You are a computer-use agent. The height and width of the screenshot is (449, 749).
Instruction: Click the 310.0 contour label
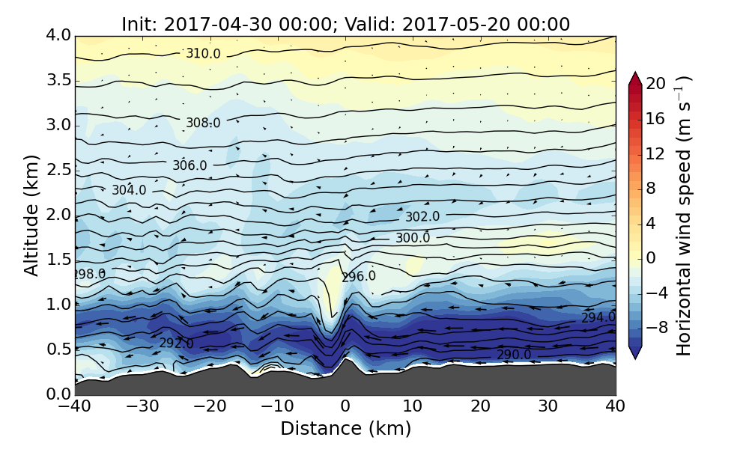click(204, 54)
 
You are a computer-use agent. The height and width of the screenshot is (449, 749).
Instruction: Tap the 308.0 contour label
click(203, 123)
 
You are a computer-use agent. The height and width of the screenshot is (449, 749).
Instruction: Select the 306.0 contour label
click(189, 165)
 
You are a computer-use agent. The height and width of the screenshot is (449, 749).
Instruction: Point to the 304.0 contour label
click(129, 191)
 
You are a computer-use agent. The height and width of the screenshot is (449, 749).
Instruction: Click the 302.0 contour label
click(422, 217)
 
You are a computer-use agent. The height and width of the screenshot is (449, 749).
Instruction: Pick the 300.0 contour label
click(413, 238)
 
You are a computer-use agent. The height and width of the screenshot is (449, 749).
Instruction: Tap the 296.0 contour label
click(358, 277)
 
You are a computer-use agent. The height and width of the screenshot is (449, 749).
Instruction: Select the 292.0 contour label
click(176, 343)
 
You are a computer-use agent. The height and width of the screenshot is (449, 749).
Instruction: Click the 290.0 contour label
click(514, 355)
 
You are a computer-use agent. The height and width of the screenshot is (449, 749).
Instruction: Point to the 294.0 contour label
click(598, 318)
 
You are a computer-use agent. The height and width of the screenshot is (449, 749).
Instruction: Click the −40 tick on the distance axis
click(75, 407)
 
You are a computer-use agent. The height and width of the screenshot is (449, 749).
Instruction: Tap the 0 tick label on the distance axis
click(345, 407)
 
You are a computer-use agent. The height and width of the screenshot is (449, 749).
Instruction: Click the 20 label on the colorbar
click(656, 84)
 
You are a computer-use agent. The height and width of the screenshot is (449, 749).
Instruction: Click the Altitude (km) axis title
click(31, 215)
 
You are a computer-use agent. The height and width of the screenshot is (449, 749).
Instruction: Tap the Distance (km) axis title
click(345, 429)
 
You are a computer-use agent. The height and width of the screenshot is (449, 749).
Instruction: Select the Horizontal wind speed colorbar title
click(684, 215)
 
